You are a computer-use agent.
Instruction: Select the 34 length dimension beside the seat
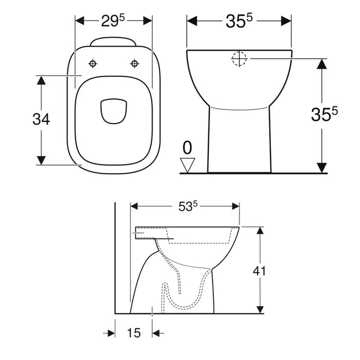click(x=41, y=119)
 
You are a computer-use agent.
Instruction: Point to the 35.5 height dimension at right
click(x=323, y=115)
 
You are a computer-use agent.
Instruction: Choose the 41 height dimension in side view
click(x=260, y=270)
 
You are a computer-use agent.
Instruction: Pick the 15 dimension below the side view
click(x=133, y=333)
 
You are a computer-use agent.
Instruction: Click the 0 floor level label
click(x=188, y=148)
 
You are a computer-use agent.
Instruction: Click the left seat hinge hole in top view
click(x=93, y=63)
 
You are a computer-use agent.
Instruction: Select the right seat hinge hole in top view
click(x=135, y=63)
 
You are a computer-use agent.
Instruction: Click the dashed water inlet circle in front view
click(x=240, y=59)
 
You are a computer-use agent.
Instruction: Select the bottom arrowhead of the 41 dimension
click(x=260, y=309)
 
